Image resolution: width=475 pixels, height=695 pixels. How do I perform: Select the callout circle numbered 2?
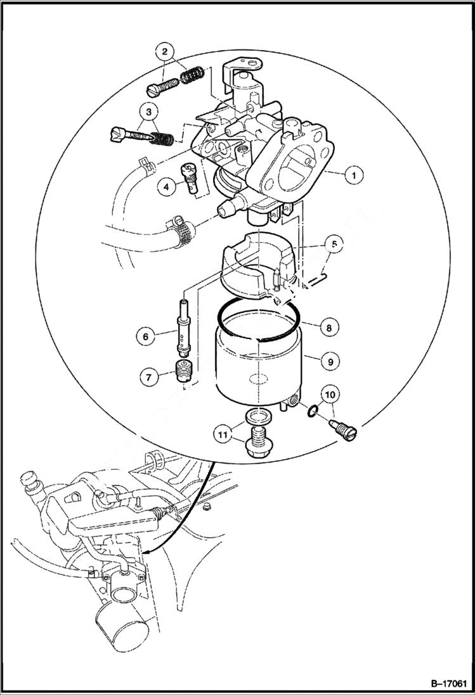point(164,51)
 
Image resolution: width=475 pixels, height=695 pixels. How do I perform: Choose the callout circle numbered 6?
point(145,336)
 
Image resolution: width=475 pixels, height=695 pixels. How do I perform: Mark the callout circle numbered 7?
point(150,377)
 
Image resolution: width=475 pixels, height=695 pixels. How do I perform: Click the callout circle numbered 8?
point(329,328)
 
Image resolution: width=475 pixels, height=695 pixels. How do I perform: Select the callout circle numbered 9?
point(329,362)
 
